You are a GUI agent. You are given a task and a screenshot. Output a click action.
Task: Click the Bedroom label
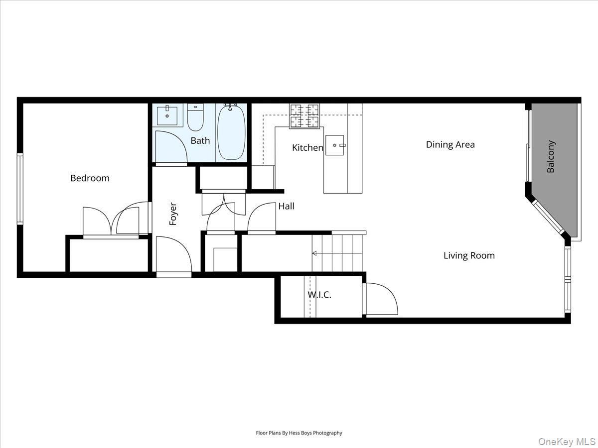point(90,178)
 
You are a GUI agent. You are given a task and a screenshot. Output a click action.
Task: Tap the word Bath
point(200,141)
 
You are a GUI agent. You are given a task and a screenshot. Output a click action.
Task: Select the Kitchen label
point(307,148)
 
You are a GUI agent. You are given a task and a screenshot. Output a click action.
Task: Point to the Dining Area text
point(450,145)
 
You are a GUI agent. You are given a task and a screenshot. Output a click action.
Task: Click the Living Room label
point(469,256)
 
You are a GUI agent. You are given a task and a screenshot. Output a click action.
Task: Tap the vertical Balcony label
point(551,157)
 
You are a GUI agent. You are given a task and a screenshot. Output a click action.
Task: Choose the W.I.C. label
point(319,295)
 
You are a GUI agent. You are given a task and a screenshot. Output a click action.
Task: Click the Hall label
point(286,206)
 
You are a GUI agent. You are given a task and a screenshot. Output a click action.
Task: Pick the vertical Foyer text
point(173,214)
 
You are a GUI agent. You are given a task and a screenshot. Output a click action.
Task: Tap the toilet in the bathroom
point(195,118)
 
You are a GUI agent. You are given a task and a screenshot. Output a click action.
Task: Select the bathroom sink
point(167,115)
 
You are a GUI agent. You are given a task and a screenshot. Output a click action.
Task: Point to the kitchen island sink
point(338,145)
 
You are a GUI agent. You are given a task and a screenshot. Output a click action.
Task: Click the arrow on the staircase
point(315,253)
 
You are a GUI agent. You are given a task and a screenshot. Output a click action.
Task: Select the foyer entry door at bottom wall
point(173,256)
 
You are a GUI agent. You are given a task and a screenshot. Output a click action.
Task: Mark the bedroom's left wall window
point(20,188)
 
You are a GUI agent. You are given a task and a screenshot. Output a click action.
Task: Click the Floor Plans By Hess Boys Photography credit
point(299,433)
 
